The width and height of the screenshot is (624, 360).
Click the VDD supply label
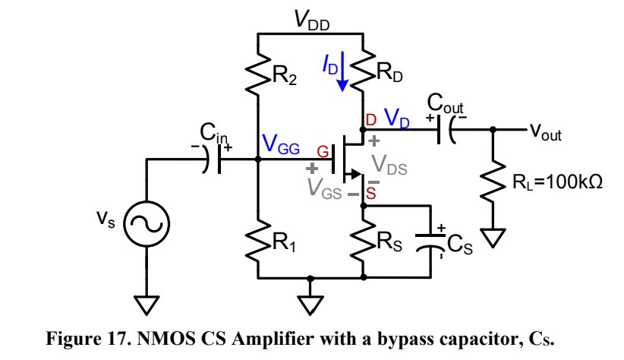312,23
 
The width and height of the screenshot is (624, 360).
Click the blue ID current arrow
343,74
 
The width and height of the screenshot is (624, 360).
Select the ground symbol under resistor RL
493,238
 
